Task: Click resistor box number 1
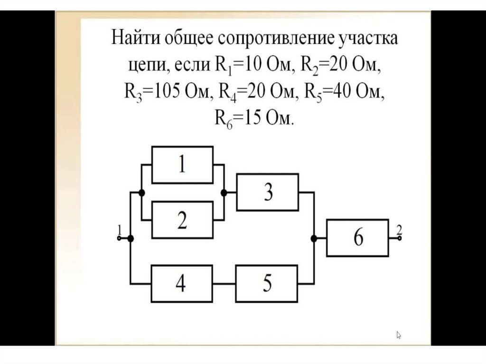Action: point(182,165)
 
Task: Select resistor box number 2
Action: point(182,220)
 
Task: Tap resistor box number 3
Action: point(268,193)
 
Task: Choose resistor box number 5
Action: point(268,284)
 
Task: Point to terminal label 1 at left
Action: point(119,230)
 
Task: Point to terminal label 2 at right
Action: point(399,230)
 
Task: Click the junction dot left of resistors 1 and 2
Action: point(141,193)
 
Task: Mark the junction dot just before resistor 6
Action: point(313,239)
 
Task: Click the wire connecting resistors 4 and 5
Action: point(224,284)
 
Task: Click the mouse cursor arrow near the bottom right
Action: point(399,335)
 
